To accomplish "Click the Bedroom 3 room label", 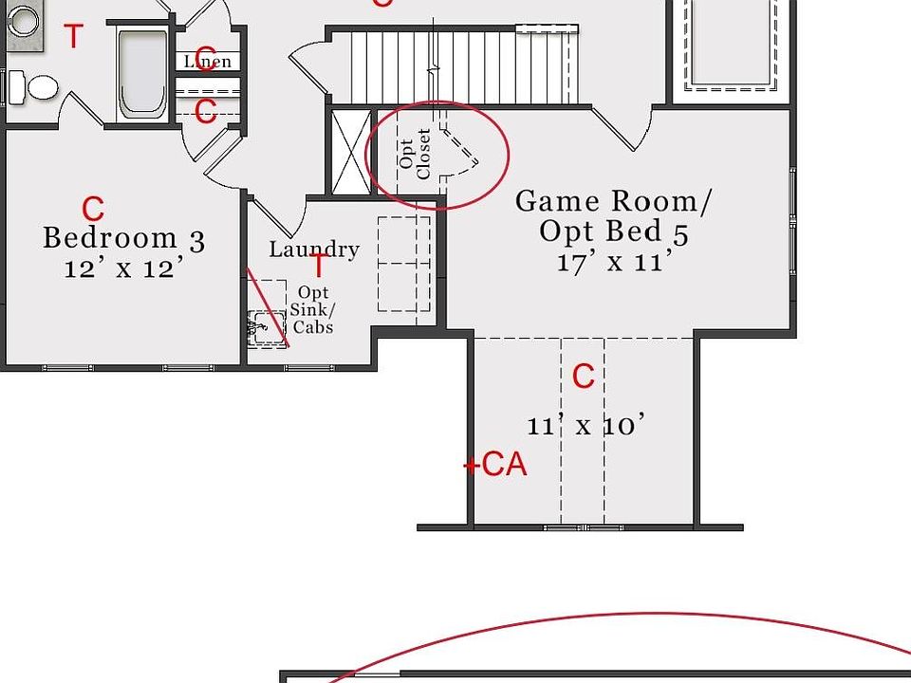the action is [123, 238].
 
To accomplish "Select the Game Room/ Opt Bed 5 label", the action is [614, 216].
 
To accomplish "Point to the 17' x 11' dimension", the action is [616, 262].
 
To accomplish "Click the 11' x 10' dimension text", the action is [586, 425].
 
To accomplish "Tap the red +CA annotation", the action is [495, 465].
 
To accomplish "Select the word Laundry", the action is [314, 249].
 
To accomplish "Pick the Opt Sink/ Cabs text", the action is [312, 309].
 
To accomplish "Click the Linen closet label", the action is [208, 61].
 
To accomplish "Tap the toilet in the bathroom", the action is [34, 87].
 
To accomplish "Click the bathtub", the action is [142, 74].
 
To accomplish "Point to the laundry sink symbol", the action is [266, 329].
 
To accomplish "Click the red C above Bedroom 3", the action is [93, 209].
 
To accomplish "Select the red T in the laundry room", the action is [319, 265].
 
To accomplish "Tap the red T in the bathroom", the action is [73, 36].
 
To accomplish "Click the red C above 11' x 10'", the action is [584, 376].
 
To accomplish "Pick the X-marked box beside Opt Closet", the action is [351, 152].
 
